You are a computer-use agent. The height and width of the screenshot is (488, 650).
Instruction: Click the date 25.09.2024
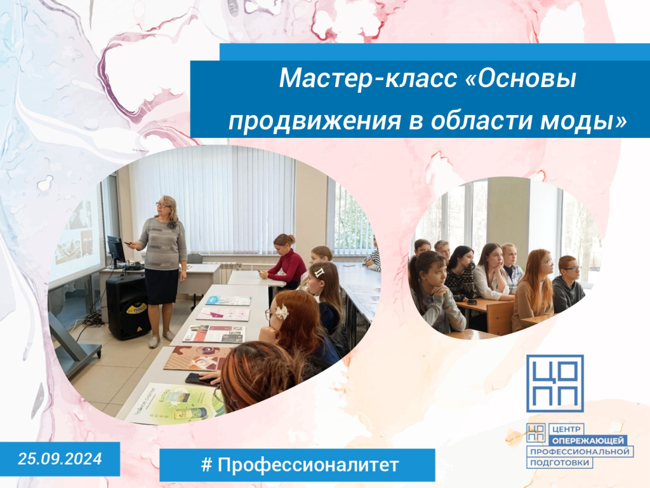[x=60, y=459]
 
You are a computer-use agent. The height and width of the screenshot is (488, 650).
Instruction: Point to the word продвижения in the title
[x=315, y=121]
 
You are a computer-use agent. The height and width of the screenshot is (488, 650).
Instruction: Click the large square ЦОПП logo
[x=555, y=383]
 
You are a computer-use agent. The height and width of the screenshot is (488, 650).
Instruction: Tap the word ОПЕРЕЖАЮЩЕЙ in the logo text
[x=588, y=441]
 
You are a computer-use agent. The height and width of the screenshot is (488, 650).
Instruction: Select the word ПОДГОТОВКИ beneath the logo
[x=560, y=463]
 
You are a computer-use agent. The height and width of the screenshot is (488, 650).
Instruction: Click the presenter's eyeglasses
[x=161, y=204]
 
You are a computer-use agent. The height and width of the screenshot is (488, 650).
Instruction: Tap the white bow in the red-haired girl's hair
[x=281, y=311]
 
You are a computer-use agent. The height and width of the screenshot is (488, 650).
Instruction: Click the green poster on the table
[x=176, y=403]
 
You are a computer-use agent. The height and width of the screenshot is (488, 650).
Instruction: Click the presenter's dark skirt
[x=161, y=286]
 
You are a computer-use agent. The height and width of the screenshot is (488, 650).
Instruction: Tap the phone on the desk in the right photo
[x=472, y=302]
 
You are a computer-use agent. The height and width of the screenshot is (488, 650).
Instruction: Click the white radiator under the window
[x=230, y=271]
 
